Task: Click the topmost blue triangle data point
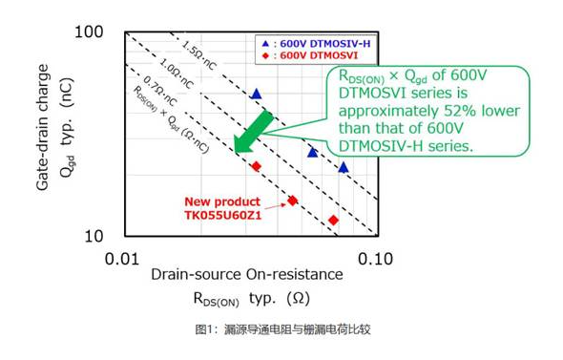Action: click(255, 94)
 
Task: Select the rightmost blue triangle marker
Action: click(344, 167)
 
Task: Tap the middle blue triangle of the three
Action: click(313, 152)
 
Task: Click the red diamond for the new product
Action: click(292, 201)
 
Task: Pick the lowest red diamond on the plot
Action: click(333, 221)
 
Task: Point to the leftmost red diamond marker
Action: click(256, 166)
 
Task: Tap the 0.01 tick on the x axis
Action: click(123, 258)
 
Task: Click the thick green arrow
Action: click(254, 132)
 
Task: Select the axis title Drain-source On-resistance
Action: click(246, 274)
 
